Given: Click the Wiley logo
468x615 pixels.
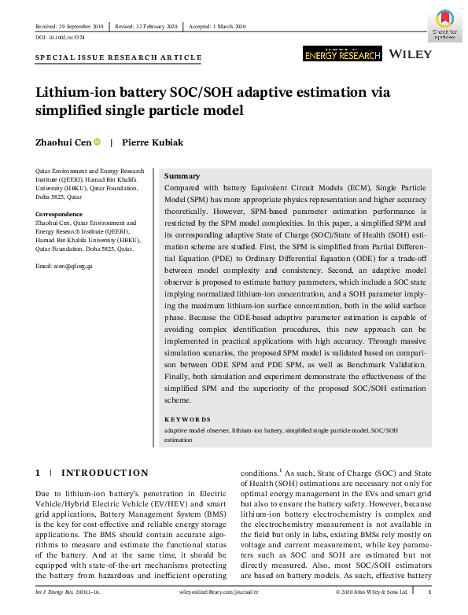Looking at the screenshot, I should pos(411,53).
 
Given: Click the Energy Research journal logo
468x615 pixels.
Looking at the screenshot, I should pos(342,53).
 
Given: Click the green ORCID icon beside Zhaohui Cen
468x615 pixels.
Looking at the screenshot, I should pos(98,142).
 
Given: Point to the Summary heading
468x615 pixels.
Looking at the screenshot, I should pos(182,176).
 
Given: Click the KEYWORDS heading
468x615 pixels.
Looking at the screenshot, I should pos(187,419).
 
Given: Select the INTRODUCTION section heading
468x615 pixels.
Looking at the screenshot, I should pos(105,473).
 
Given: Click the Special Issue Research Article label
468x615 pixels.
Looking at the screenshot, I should pos(119,57).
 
